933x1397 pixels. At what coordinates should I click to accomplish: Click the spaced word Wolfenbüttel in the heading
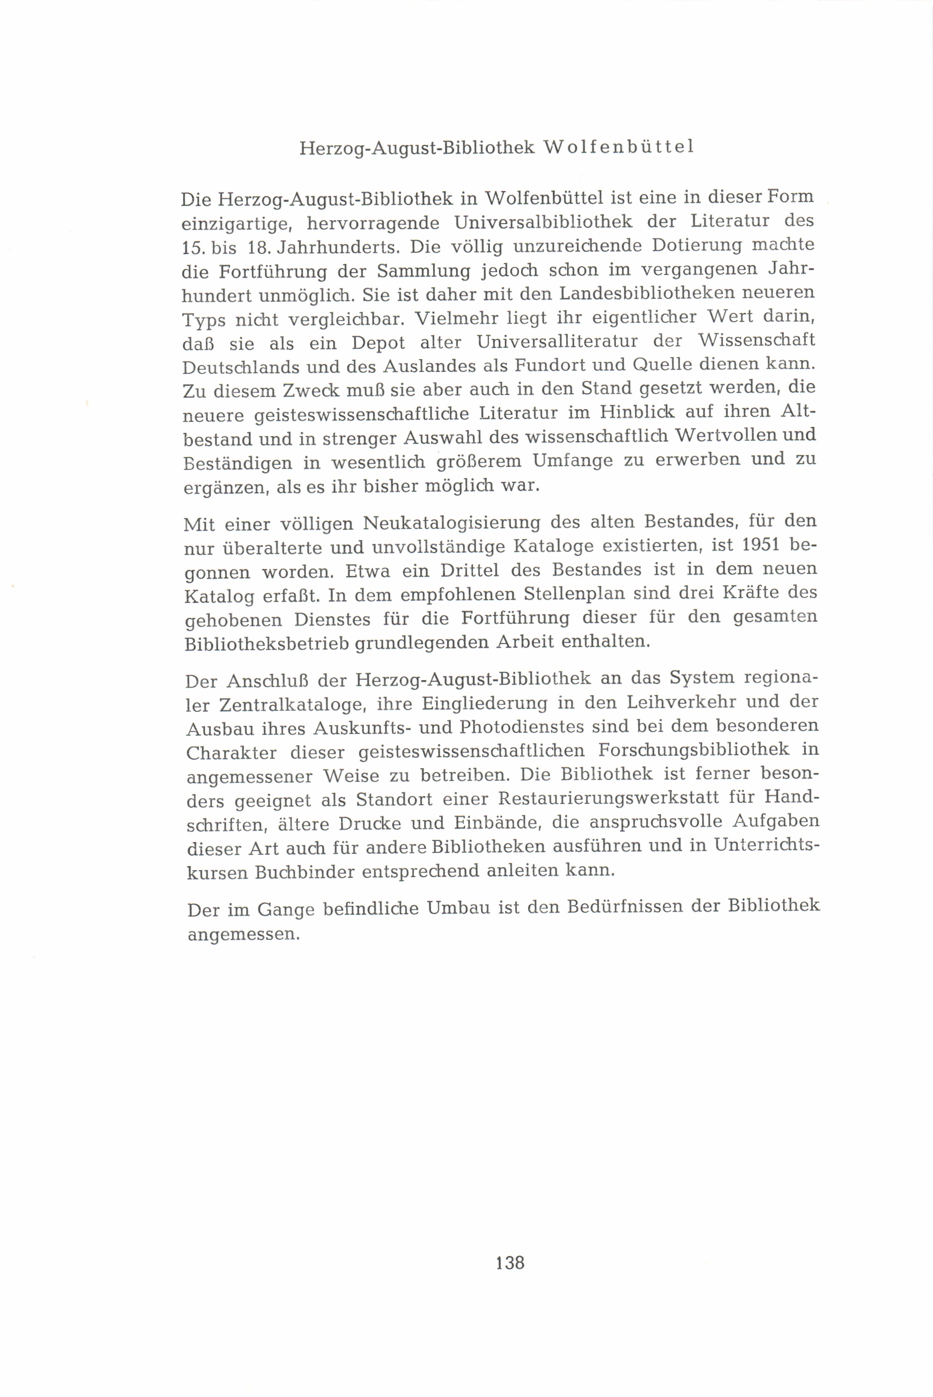(619, 147)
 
